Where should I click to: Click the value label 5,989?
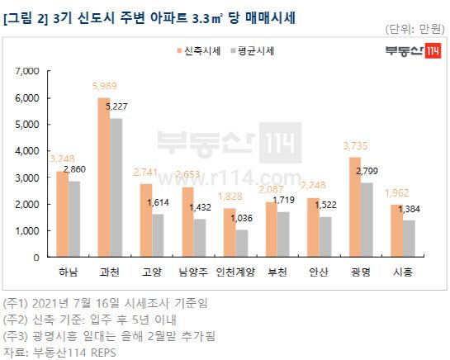[x=105, y=90]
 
